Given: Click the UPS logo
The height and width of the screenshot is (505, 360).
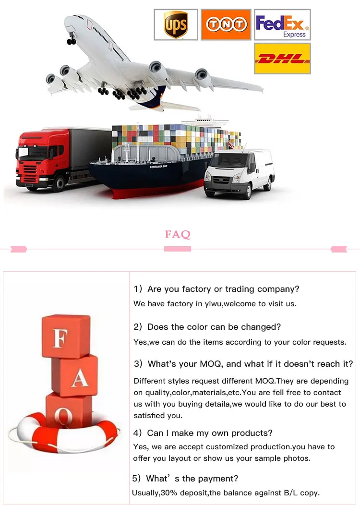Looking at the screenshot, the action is point(176,25).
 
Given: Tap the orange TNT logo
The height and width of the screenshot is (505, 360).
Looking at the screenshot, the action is point(226,25).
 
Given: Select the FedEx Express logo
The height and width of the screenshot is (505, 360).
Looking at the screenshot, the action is point(282,25).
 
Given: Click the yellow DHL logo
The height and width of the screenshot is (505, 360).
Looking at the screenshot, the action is point(282,59).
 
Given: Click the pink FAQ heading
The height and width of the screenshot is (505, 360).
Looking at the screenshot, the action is point(178,234).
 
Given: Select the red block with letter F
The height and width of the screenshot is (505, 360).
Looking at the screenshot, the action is point(66,336).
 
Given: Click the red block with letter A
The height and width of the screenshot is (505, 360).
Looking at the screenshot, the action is point(75,376).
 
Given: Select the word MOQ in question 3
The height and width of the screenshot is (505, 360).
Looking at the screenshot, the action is point(211,364).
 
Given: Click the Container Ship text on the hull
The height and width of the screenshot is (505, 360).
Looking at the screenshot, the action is point(158,167).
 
